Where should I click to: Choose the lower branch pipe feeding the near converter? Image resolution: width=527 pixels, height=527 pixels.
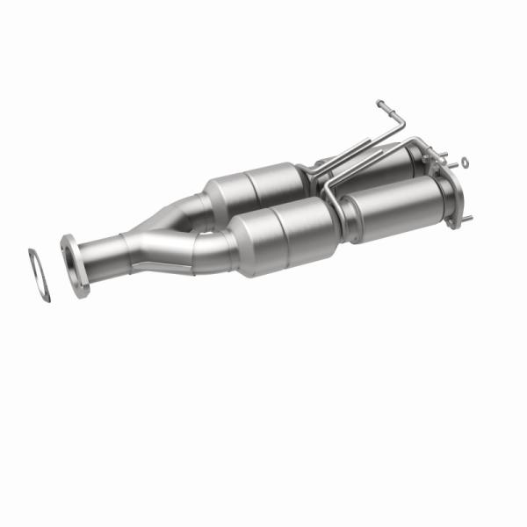click(x=211, y=249)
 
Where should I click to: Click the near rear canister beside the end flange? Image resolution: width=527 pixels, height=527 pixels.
click(x=395, y=206)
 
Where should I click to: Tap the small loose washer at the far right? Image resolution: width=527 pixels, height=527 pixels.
click(x=465, y=162)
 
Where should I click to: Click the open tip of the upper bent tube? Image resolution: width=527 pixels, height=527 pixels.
click(x=379, y=104)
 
